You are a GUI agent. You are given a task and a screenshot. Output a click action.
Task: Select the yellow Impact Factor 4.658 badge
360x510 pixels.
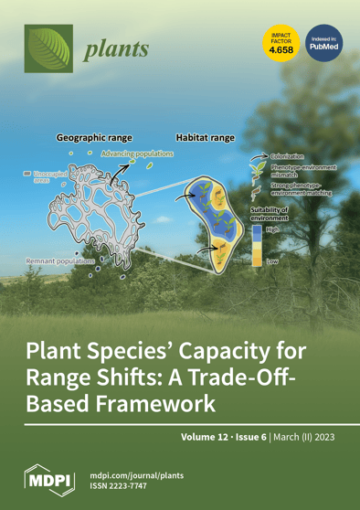click(278, 44)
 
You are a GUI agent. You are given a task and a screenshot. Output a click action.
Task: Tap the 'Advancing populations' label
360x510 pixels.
click(136, 154)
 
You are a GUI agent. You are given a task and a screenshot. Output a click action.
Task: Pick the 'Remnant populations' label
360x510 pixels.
click(54, 262)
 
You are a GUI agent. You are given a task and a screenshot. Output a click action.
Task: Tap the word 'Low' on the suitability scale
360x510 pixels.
click(272, 261)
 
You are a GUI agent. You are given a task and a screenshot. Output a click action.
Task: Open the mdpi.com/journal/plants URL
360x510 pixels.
click(139, 473)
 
